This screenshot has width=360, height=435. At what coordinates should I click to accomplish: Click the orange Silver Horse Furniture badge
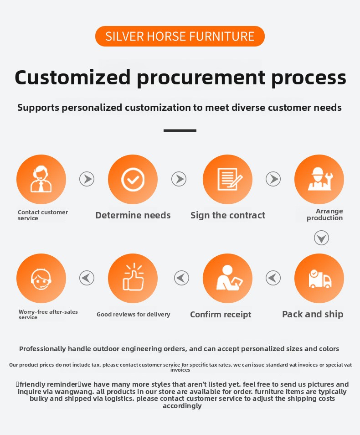click(180, 36)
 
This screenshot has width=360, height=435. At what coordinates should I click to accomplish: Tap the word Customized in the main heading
click(72, 78)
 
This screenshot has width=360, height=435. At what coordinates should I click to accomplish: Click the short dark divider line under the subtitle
click(180, 130)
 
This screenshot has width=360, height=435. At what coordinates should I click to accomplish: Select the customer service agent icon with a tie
click(41, 179)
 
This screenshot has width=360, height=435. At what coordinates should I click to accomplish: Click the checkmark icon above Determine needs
click(133, 179)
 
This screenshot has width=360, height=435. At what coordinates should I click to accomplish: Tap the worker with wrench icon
click(319, 179)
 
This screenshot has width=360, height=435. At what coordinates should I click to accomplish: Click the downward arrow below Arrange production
click(321, 238)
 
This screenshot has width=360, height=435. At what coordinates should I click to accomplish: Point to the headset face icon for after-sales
click(41, 278)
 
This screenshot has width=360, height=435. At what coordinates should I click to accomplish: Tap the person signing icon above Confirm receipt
click(227, 278)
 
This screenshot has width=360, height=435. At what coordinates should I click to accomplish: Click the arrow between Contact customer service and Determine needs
click(87, 179)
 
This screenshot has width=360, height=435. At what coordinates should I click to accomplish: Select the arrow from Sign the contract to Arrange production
click(273, 179)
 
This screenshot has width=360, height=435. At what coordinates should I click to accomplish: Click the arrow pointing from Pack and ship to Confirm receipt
click(273, 278)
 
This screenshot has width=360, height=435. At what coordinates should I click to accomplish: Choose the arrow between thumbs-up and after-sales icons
click(87, 278)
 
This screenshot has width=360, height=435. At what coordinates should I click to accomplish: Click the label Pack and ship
click(313, 314)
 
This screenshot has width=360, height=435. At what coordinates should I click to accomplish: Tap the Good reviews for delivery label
click(134, 314)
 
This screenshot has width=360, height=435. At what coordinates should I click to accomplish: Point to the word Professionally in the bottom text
click(42, 349)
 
